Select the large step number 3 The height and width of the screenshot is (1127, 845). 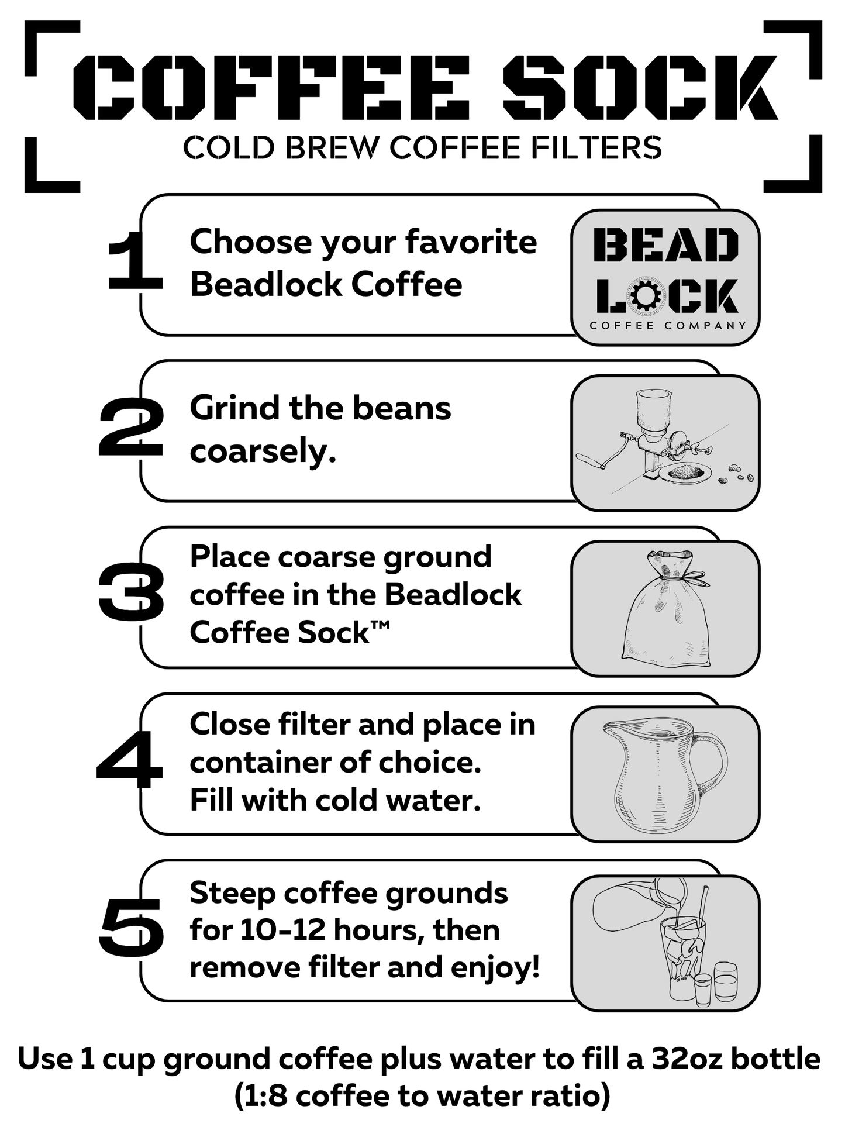coord(131,593)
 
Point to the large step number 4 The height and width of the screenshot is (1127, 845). coord(130,759)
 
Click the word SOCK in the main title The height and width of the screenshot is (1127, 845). coord(640,88)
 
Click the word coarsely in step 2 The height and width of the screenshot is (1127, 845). coord(263,452)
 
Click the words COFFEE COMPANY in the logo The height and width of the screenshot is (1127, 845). coord(667,326)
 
